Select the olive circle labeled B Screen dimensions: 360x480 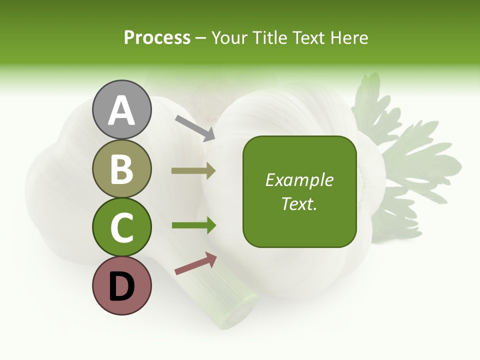pos(122,168)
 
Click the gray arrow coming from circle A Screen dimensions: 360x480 pos(195,128)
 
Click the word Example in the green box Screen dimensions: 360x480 pos(299,180)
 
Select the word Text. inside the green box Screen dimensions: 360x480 pos(299,204)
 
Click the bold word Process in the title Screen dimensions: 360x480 pos(157,37)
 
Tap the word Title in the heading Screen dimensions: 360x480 pos(268,37)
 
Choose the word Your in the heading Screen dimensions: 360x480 pos(229,37)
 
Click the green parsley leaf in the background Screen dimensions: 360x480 pos(400,150)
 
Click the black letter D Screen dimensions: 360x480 pos(122,287)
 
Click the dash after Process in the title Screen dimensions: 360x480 pos(201,38)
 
